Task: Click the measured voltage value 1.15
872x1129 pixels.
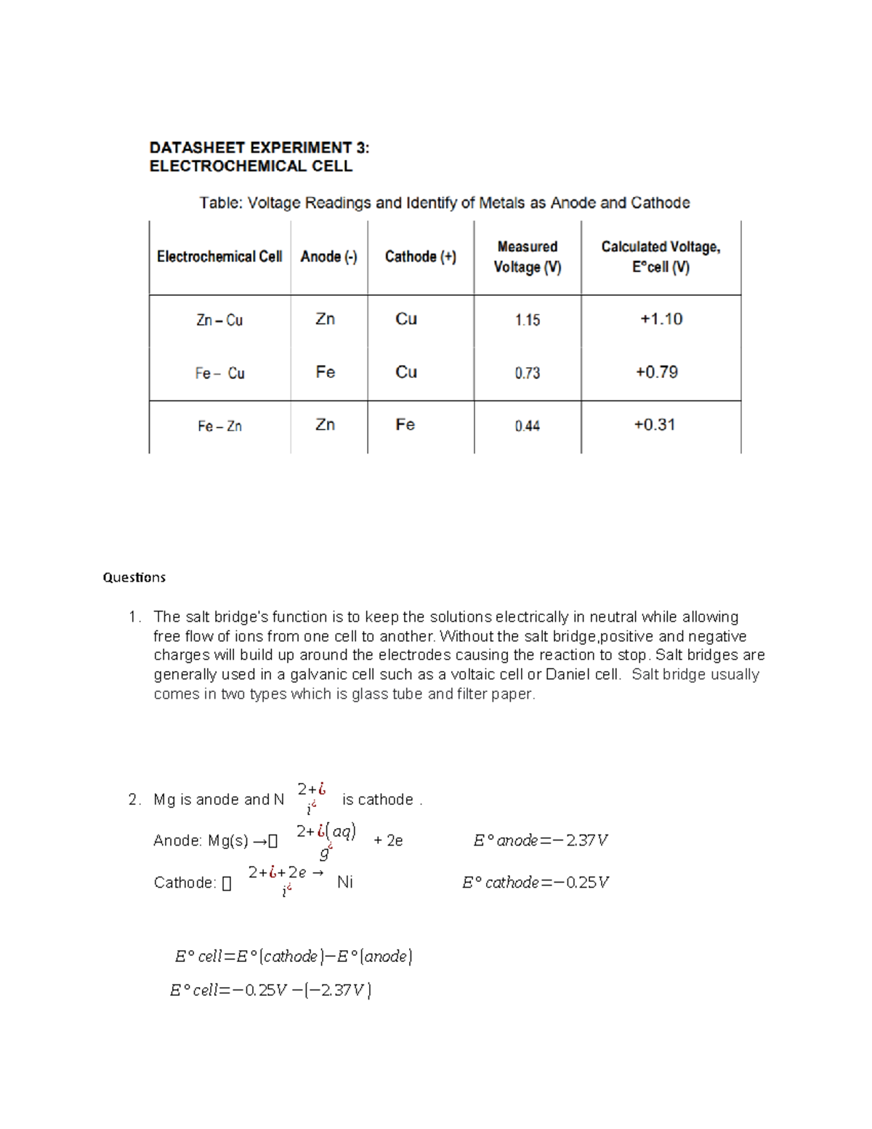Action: (x=527, y=320)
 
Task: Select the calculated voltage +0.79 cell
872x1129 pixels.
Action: (x=656, y=372)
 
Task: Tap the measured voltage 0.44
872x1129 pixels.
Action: (x=527, y=426)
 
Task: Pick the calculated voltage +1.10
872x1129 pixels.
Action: (x=661, y=319)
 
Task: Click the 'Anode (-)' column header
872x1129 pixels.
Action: (x=328, y=257)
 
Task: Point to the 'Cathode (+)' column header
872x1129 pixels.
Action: (x=420, y=257)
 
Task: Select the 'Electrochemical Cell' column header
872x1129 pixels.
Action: (x=219, y=257)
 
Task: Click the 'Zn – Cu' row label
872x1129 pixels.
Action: (x=219, y=320)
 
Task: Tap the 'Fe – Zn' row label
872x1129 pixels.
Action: (x=219, y=426)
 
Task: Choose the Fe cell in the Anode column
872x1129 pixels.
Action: (x=325, y=372)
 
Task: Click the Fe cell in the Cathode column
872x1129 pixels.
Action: (x=405, y=425)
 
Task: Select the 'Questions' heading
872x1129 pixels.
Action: (x=134, y=577)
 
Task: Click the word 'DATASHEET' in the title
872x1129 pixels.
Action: (x=197, y=148)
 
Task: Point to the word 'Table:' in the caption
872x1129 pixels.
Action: (x=221, y=203)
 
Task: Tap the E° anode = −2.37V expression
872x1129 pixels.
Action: (x=540, y=840)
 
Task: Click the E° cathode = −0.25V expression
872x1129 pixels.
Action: (x=535, y=883)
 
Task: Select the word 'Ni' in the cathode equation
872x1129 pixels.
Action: (x=344, y=883)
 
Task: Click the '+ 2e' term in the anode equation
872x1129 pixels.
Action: (x=388, y=841)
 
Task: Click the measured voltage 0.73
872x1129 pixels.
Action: (x=527, y=373)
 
